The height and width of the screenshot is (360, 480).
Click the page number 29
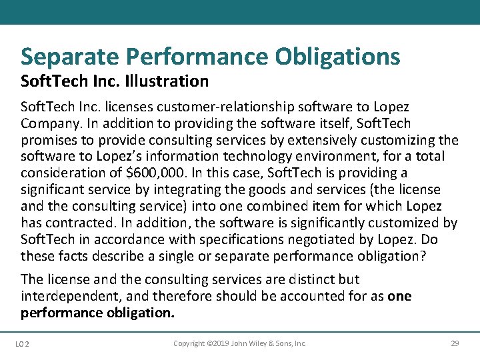coord(455,343)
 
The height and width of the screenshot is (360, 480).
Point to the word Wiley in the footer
coord(256,343)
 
